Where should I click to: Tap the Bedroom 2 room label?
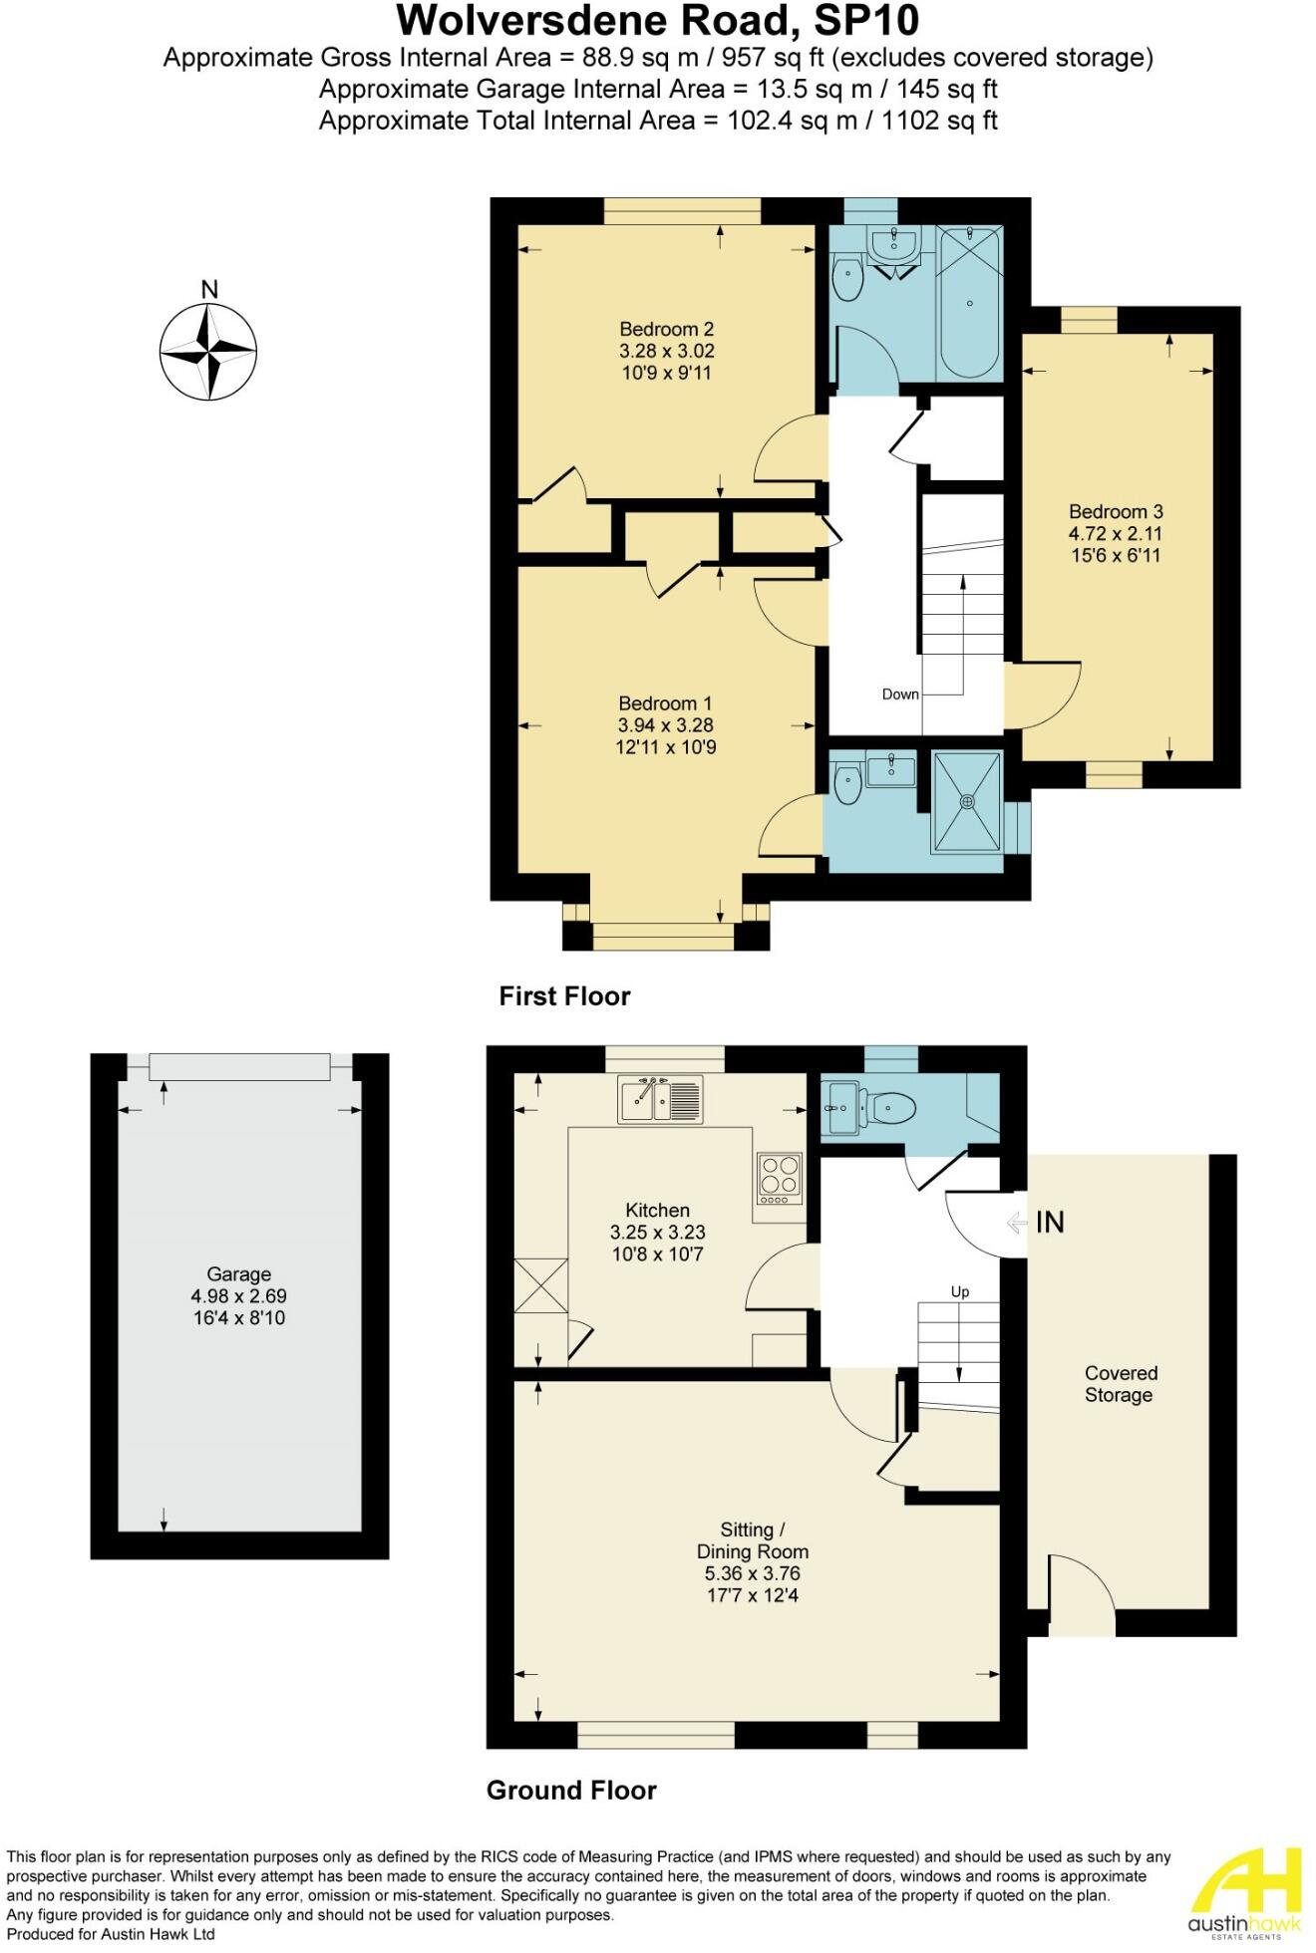[x=666, y=329]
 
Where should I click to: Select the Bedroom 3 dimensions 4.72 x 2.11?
[x=1115, y=534]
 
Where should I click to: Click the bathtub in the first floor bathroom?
[x=969, y=302]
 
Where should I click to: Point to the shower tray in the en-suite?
[x=966, y=801]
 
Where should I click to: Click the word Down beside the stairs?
[x=899, y=695]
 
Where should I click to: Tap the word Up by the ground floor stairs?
[x=959, y=1292]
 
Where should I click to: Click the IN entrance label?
[x=1049, y=1222]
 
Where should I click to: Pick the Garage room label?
[x=238, y=1274]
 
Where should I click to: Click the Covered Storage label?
[x=1120, y=1384]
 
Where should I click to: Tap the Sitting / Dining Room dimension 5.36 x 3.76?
[x=752, y=1573]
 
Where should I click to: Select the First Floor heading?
[x=564, y=996]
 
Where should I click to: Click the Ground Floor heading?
[x=571, y=1791]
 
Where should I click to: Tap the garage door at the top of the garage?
[x=239, y=1067]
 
